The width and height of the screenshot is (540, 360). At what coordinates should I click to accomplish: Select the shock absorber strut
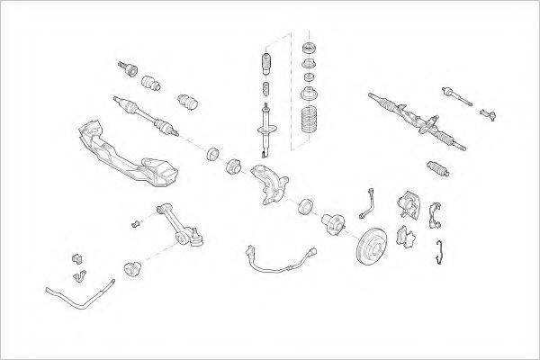(x=267, y=126)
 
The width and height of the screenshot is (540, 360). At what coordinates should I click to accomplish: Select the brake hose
(x=366, y=203)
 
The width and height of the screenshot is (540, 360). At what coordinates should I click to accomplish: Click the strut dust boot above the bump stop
(x=266, y=65)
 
